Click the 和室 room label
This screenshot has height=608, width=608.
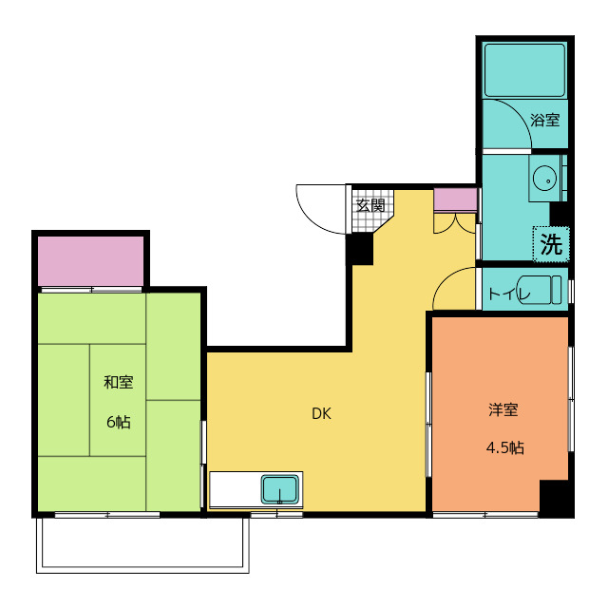(119, 383)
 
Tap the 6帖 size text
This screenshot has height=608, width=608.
(119, 422)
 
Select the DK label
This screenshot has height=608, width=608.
(321, 413)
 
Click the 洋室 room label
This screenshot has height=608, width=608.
(503, 410)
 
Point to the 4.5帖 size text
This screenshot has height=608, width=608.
(503, 447)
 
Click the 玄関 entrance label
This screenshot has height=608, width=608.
(370, 204)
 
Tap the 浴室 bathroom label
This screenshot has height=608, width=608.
(544, 121)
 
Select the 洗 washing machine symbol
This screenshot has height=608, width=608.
(551, 243)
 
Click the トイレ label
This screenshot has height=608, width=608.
(508, 294)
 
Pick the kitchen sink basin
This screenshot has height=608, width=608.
(280, 490)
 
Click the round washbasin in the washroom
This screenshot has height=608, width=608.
(544, 178)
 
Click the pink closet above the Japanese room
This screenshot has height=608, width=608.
(90, 260)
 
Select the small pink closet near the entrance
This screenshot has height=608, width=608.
(454, 199)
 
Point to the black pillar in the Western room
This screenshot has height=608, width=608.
(556, 498)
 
